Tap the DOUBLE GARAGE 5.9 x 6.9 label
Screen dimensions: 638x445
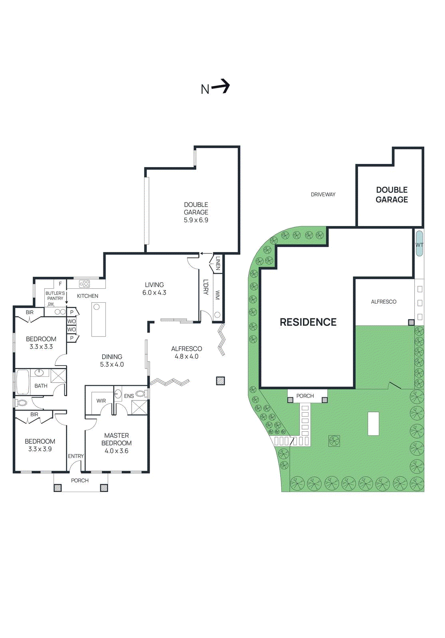tap(196, 212)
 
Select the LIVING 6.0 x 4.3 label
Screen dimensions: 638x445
tap(154, 289)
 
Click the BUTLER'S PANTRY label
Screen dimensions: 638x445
tap(55, 295)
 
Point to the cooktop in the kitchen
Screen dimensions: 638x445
tap(85, 284)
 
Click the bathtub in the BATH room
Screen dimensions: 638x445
tap(22, 382)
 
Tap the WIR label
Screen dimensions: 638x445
tap(101, 401)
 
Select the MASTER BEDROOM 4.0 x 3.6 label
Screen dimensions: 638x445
tap(117, 443)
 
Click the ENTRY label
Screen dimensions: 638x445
tap(76, 456)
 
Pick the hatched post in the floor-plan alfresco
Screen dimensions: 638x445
tap(220, 381)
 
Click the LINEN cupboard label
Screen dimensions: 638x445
tap(218, 263)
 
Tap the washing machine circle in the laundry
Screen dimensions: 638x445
tap(218, 315)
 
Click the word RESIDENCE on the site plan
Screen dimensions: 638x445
tap(308, 322)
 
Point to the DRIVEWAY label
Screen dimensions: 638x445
tap(323, 195)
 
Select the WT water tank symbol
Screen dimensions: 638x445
tap(419, 244)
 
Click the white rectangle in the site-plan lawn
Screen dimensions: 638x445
tap(373, 423)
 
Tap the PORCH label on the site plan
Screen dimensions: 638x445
tap(305, 396)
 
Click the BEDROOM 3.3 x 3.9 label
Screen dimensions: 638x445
tap(40, 445)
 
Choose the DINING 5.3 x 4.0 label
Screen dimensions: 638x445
tap(112, 360)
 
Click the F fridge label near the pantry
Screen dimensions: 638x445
tap(60, 284)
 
